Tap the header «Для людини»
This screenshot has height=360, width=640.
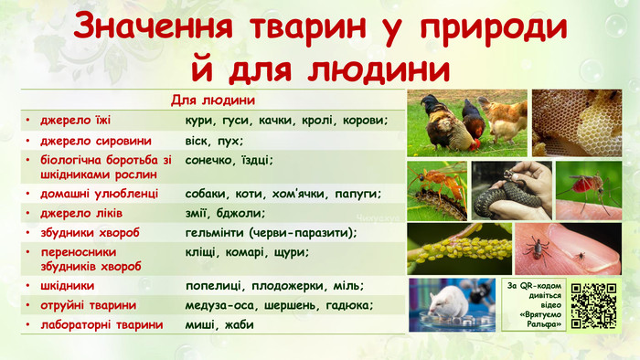pos(212,99)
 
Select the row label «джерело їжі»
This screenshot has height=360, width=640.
pos(76,121)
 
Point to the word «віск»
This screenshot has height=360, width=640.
pos(198,142)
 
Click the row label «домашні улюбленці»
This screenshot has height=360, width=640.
pos(100,194)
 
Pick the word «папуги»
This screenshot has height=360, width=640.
pos(357,194)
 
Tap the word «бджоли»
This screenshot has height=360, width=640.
pos(241,213)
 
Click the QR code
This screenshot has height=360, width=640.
pos(593,305)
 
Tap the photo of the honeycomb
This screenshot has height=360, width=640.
pos(577,122)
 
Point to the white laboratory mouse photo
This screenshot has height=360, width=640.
pos(452,304)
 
